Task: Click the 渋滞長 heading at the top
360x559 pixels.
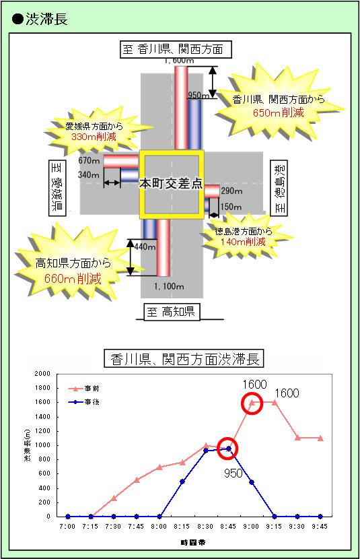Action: pos(46,19)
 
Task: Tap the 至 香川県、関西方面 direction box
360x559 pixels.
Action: pos(176,49)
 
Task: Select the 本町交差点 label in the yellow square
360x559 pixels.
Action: pos(170,184)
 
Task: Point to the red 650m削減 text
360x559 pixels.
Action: pos(279,112)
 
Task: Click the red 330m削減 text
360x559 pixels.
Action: pos(94,137)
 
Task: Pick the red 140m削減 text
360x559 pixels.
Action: pos(243,242)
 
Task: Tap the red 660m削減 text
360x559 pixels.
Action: pos(73,278)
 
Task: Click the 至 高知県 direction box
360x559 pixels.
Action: pos(172,312)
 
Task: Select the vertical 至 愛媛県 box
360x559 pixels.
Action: pos(57,188)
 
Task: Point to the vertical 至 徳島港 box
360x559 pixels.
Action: pos(279,188)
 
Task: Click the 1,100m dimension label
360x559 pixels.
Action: pos(169,286)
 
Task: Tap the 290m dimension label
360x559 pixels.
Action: pos(231,191)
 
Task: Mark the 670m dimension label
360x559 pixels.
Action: pos(89,161)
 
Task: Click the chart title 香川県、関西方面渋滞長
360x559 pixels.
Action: pos(184,359)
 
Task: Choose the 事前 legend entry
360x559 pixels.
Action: pos(83,389)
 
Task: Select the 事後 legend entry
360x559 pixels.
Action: pos(83,402)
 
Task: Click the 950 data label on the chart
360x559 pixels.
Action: pos(233,473)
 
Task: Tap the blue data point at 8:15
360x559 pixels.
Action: pos(182,482)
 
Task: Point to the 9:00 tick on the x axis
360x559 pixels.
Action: pos(251,526)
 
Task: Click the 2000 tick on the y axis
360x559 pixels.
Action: pos(43,374)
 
